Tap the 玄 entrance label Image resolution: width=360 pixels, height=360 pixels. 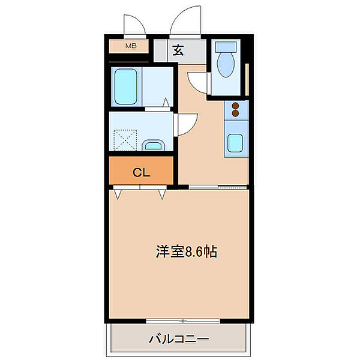178,50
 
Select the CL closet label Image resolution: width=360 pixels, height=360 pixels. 141,173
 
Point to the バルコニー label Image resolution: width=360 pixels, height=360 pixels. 179,340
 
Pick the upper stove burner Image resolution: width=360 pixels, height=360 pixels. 236,106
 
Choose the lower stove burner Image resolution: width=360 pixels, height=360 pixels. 236,114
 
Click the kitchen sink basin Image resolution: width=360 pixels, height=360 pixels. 235,143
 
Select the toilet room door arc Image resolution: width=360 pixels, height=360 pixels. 197,82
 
